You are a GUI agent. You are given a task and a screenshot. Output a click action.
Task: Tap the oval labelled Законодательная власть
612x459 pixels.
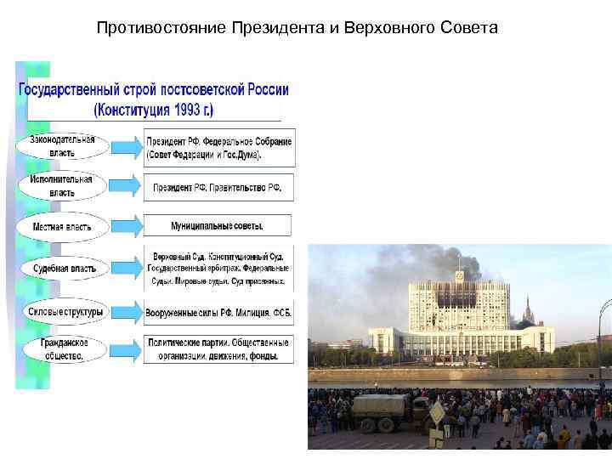coord(63,146)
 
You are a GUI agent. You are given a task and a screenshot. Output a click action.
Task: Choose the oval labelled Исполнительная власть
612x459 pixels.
coord(62,186)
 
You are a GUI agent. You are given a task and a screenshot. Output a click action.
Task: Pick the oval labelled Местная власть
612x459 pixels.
coord(62,227)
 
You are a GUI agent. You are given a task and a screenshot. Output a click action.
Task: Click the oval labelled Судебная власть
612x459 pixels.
coord(63,269)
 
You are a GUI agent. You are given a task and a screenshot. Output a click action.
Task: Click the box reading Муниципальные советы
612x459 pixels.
coord(218,226)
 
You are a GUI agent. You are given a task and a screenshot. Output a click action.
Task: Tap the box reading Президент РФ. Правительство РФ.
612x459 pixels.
coord(218,187)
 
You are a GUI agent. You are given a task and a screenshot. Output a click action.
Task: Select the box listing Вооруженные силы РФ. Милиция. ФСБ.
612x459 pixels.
coord(218,312)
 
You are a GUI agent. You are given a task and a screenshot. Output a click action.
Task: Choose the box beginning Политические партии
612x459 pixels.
coord(218,349)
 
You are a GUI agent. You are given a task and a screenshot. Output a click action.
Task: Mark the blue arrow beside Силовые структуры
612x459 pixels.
coord(127,312)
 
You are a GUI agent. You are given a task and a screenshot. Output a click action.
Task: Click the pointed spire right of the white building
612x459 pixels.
coord(527,307)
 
